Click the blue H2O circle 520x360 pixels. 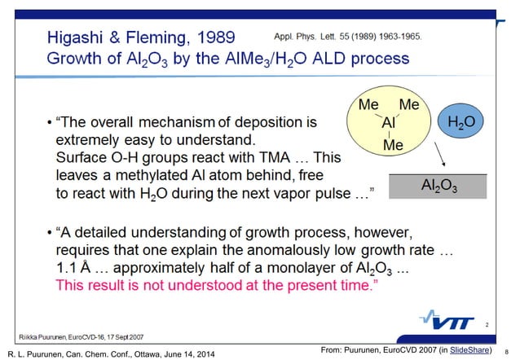(x=461, y=123)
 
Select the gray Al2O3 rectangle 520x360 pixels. (x=438, y=187)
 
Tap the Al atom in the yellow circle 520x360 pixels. (x=390, y=127)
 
